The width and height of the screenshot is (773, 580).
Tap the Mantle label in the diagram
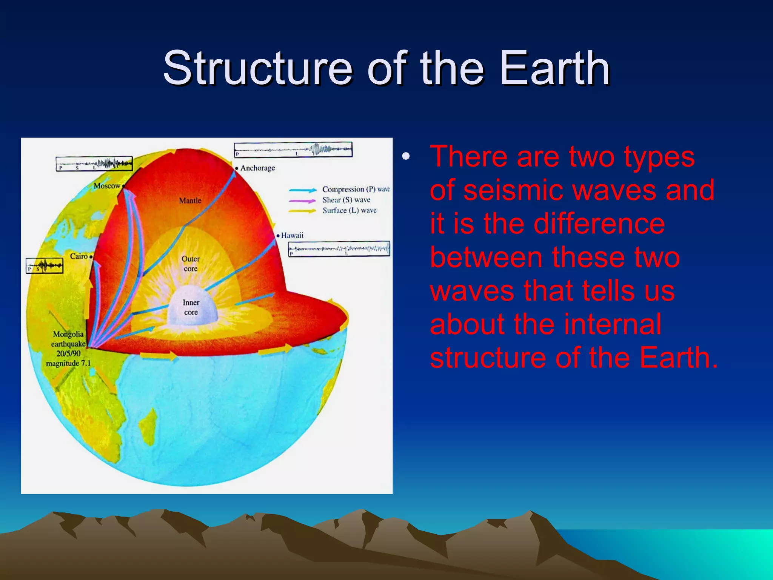[190, 201]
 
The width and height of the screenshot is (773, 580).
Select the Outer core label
[191, 264]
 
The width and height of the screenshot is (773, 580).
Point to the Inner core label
[191, 307]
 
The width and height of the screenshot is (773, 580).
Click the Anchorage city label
[257, 168]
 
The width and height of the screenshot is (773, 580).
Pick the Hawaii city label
[292, 235]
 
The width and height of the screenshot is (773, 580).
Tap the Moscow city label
[107, 186]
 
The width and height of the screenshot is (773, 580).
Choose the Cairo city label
[79, 256]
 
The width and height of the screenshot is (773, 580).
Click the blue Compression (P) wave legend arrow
[303, 190]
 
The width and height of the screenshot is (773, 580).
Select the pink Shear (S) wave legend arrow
[303, 201]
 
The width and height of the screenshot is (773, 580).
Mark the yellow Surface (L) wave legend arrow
[303, 211]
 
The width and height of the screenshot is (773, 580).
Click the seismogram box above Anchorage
[293, 150]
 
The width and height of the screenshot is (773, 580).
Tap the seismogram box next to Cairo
[45, 265]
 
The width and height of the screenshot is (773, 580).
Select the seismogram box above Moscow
[94, 164]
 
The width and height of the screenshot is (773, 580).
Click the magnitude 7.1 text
[68, 364]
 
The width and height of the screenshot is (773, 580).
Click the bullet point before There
[406, 157]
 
